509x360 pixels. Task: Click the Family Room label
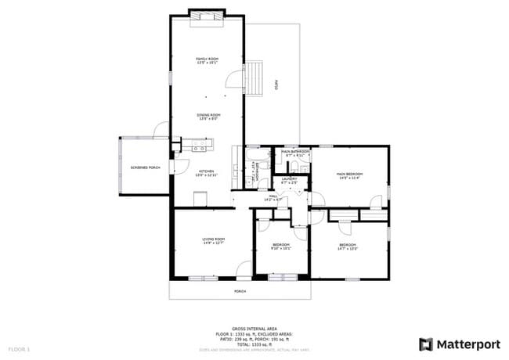click(x=208, y=60)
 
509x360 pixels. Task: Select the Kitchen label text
click(x=206, y=172)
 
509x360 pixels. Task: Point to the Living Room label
click(x=213, y=240)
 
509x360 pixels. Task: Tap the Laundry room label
click(x=290, y=181)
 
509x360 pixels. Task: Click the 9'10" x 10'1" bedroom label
click(x=281, y=247)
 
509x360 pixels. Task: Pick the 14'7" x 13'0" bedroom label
click(x=348, y=247)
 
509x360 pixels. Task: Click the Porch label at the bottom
click(x=240, y=291)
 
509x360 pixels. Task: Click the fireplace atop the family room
click(x=207, y=16)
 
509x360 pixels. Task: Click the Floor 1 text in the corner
click(x=19, y=347)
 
